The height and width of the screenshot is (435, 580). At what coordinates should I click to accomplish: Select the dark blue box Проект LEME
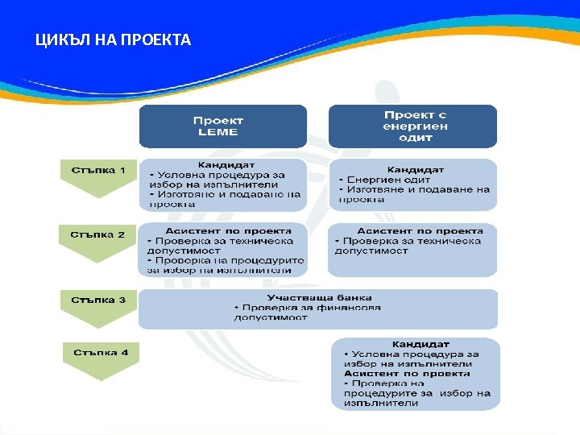222,126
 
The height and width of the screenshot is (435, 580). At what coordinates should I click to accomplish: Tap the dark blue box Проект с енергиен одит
413,126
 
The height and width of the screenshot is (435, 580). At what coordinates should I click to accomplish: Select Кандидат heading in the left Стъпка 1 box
222,164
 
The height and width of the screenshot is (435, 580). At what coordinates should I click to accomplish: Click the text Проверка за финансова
311,308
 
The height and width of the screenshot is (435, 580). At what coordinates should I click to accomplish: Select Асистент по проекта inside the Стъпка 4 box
408,374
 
